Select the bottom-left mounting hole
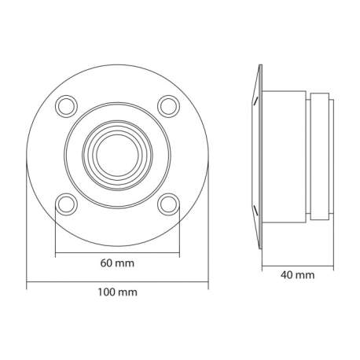pyautogui.click(x=67, y=204)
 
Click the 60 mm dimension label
pyautogui.click(x=116, y=264)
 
